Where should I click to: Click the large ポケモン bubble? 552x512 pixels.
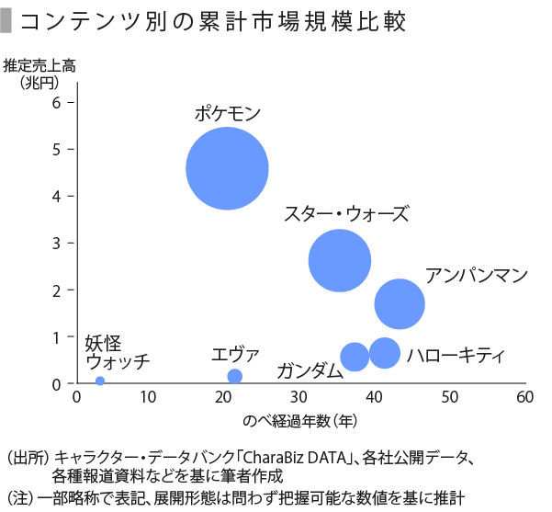pos(227,169)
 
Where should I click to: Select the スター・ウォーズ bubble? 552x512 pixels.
pos(340,260)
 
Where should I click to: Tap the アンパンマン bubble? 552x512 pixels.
pos(400,304)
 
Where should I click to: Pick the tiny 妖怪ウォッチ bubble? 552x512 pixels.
pos(100,381)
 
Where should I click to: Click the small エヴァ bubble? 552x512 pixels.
pos(234,376)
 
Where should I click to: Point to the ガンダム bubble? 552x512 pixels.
pos(355,357)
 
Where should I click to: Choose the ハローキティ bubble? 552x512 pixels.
pos(384,353)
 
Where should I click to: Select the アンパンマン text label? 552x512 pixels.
pos(477,274)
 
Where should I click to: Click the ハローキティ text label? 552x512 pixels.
pos(456,355)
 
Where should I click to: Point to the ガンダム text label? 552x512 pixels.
pos(310,370)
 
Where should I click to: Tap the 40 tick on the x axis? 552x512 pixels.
pos(375,397)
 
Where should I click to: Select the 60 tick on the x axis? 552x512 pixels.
pos(524,397)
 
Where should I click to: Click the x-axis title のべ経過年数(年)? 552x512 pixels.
pos(300,420)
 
